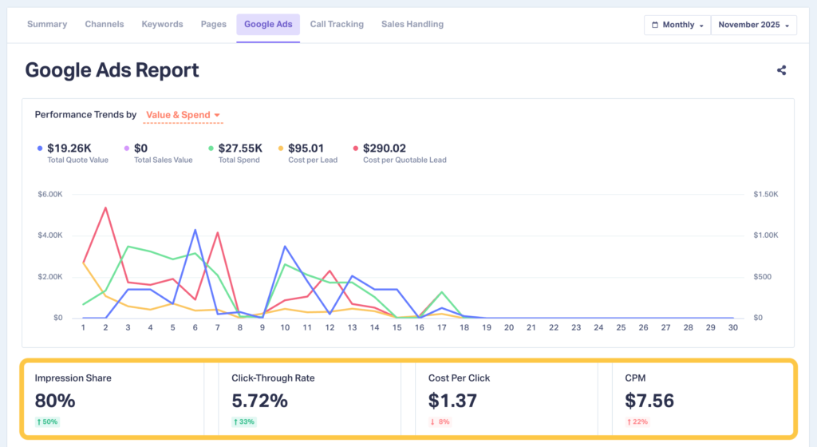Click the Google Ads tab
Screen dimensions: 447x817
coord(268,25)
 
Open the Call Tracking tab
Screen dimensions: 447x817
coord(337,25)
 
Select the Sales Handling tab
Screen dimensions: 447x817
coord(412,25)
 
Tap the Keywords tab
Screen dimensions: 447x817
coord(162,25)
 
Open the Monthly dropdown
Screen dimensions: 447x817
coord(677,26)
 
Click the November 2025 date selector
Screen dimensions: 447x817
coord(753,26)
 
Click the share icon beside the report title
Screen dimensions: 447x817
coord(781,70)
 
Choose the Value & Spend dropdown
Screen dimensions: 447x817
coord(183,115)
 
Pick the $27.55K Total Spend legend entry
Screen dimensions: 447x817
coord(240,148)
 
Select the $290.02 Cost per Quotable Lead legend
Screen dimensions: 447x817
coord(384,148)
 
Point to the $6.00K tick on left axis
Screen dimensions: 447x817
coord(50,194)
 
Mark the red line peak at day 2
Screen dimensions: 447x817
coord(105,208)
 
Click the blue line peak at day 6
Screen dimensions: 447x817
coord(195,230)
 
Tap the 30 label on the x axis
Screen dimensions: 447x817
coord(732,327)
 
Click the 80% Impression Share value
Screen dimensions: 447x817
coord(55,401)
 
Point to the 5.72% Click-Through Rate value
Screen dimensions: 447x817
coord(259,401)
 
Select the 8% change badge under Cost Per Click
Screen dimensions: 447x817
coord(440,421)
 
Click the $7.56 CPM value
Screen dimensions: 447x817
coord(649,401)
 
